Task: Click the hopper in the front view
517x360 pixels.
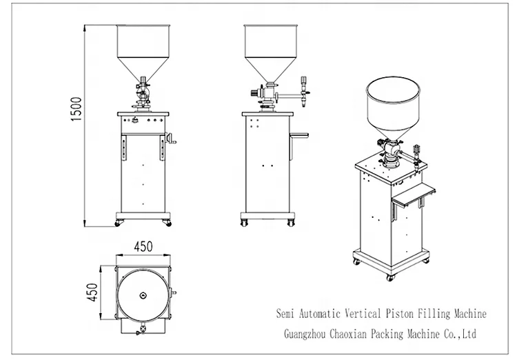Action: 144,48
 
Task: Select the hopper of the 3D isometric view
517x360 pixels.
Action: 394,107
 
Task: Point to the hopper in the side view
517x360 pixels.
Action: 271,48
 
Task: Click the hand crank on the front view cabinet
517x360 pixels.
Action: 174,143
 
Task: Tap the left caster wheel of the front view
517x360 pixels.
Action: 120,223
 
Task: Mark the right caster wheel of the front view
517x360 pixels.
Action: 167,223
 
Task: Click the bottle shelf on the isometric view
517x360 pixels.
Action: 412,195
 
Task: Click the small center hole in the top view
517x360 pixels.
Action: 143,296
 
